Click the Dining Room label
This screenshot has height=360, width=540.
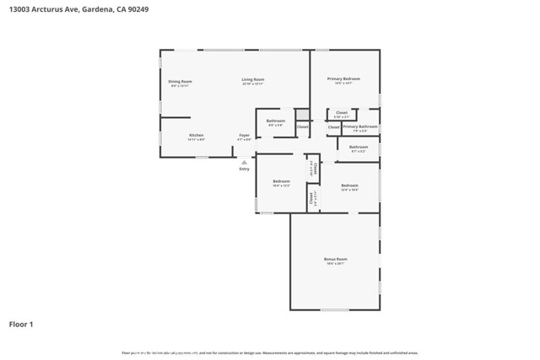point(180,82)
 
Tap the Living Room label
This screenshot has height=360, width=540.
point(253,80)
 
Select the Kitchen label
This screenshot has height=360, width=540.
point(196,136)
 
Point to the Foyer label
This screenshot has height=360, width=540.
point(244,136)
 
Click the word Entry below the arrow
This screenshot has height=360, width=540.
point(244,169)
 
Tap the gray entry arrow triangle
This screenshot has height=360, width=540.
point(244,161)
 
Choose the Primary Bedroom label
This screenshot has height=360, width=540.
point(343,79)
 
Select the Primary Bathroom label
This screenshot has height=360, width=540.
point(360,126)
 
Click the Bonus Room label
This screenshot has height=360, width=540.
point(336,260)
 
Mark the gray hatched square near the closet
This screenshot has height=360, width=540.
point(301,115)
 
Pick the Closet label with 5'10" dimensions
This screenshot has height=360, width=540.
point(342,113)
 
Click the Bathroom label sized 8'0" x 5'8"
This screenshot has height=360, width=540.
point(276,121)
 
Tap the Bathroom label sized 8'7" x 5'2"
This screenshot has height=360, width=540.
point(359,148)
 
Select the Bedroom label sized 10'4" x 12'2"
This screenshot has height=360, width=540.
point(281,182)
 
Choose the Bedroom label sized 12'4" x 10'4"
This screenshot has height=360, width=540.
point(349,186)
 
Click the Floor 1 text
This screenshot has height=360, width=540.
point(21,324)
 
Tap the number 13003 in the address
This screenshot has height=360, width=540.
point(20,8)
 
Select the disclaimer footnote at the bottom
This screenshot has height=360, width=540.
point(270,352)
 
